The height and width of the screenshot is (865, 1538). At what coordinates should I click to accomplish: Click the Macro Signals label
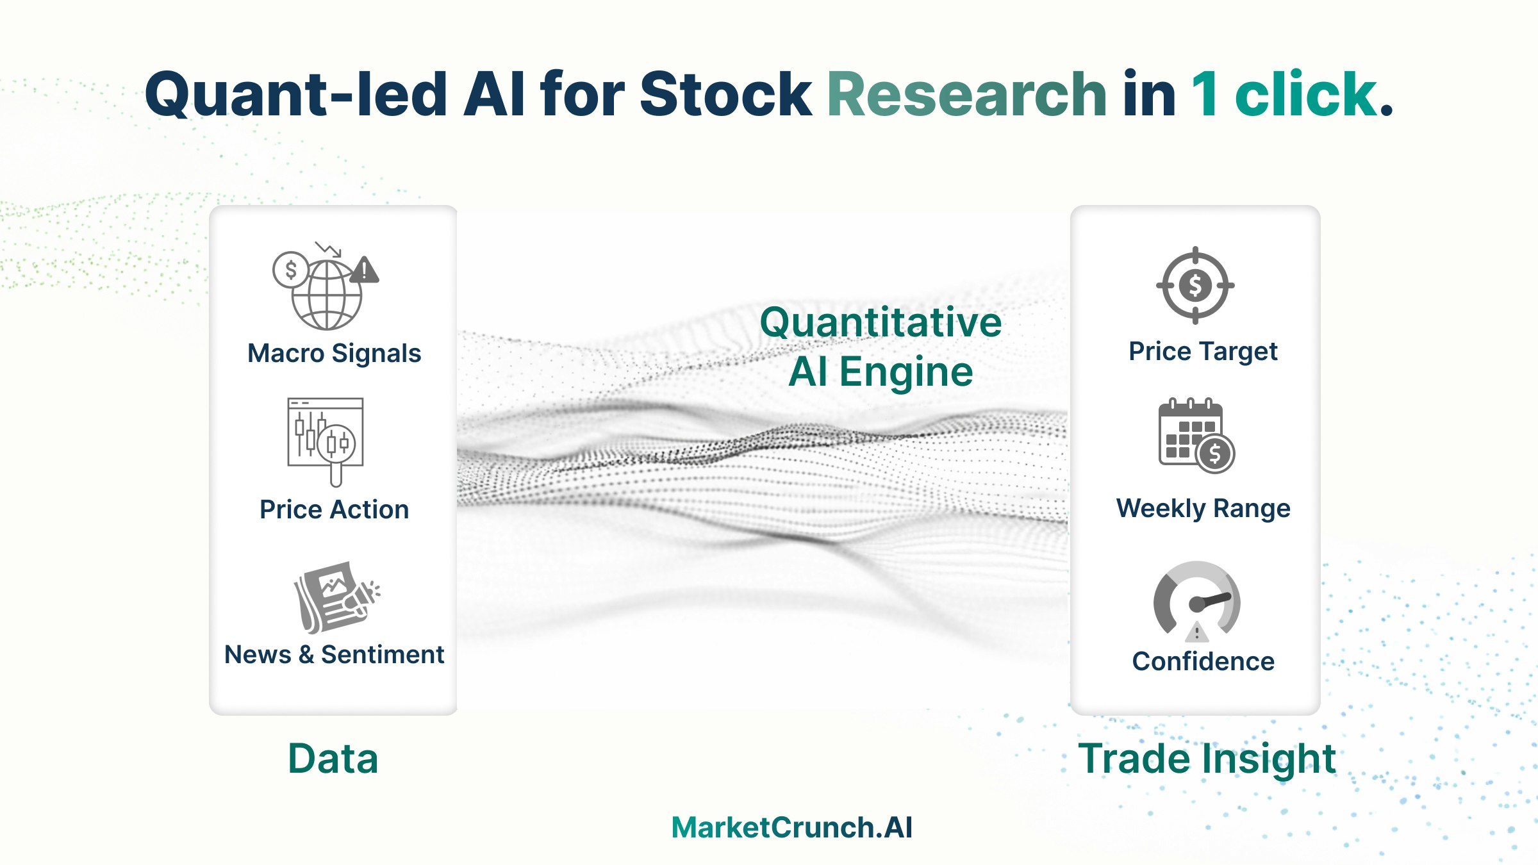click(x=334, y=353)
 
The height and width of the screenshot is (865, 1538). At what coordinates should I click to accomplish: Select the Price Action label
click(x=334, y=509)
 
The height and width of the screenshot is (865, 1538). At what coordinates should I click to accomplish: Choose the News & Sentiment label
click(x=334, y=654)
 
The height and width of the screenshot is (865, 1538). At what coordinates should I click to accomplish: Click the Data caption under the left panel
click(x=333, y=759)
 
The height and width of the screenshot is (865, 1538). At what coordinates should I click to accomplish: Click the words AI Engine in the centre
click(x=881, y=372)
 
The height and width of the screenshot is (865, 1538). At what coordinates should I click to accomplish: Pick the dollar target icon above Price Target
click(x=1195, y=285)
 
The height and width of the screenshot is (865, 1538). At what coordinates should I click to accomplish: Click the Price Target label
click(x=1203, y=351)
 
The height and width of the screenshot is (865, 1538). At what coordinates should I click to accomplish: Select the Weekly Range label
click(x=1203, y=508)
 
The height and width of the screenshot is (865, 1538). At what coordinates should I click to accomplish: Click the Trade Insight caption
click(x=1207, y=759)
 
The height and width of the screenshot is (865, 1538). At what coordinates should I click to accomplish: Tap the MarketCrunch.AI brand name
click(x=792, y=827)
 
